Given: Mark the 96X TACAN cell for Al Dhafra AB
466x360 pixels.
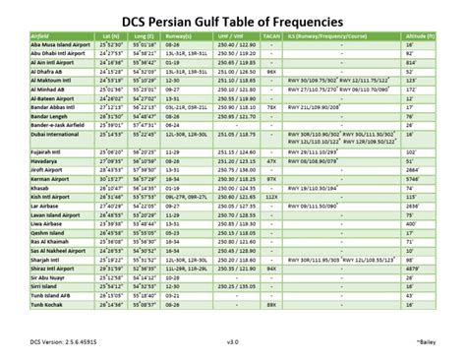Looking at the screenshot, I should point(272,72).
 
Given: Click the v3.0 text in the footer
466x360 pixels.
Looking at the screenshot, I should point(233,342).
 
